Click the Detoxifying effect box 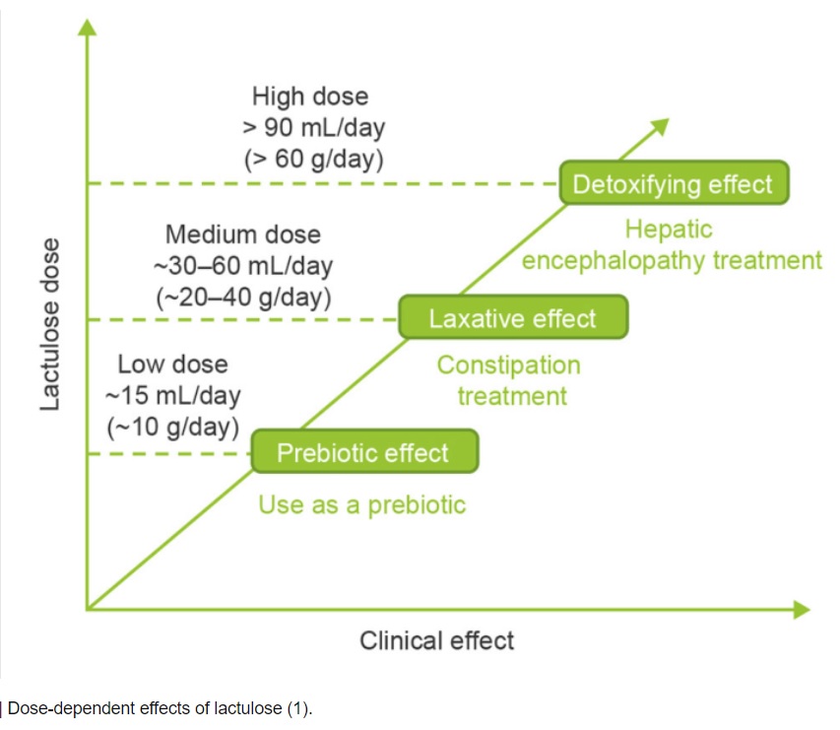[674, 184]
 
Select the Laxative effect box [512, 318]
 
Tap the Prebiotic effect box [363, 453]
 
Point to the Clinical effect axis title [436, 640]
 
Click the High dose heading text [310, 97]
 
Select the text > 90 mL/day [313, 127]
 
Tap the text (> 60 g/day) [313, 158]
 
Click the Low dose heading [172, 365]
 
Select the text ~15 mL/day [172, 396]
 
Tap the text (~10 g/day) [172, 427]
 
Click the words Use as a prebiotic [361, 505]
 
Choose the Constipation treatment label [508, 380]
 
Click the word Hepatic [669, 230]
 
